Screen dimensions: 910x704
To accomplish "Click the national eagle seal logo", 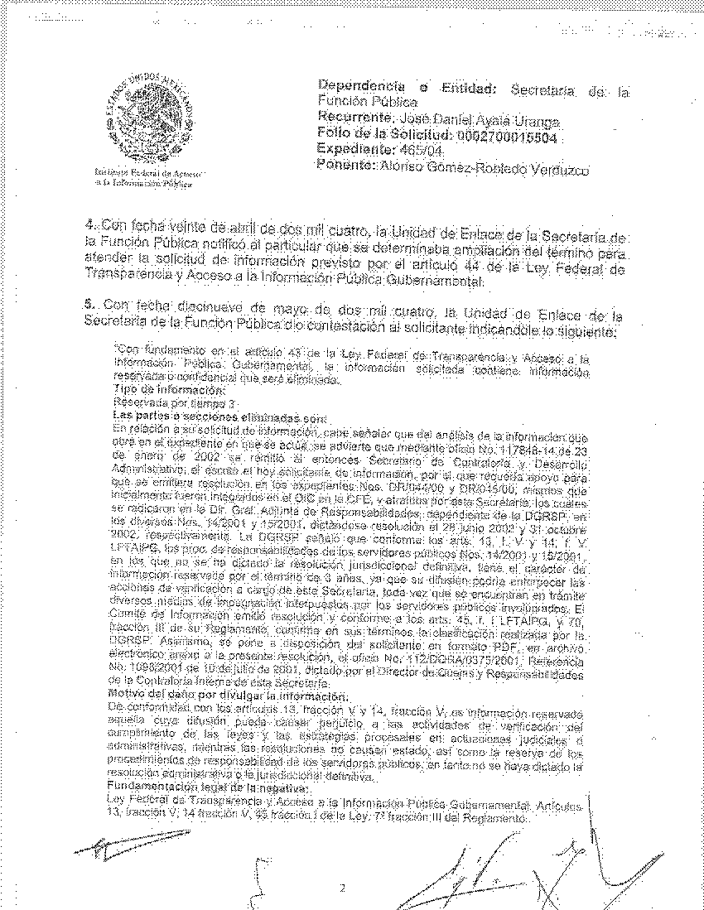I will (150, 116).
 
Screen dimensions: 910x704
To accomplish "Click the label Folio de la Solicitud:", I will (383, 134).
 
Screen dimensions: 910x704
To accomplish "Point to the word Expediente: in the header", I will (358, 150).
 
